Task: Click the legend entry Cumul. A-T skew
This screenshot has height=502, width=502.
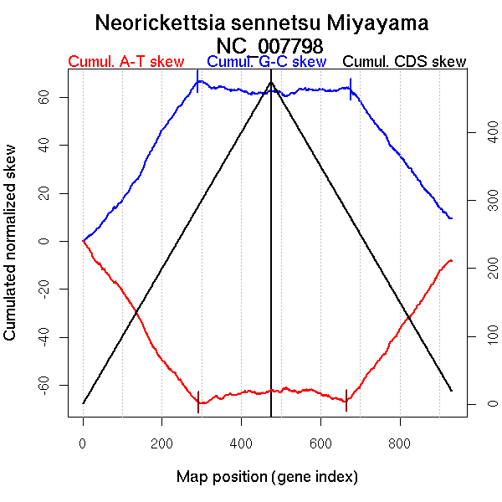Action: pos(125,62)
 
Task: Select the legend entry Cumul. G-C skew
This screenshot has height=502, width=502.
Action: pos(266,62)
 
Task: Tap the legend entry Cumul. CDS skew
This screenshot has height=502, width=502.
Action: pos(405,62)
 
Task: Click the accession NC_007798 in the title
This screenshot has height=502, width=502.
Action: pos(269,44)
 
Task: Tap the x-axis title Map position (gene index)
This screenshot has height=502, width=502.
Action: pos(267,477)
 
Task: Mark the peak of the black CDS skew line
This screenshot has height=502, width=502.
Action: pos(271,82)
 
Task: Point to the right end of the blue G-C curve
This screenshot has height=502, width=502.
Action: pos(452,218)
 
